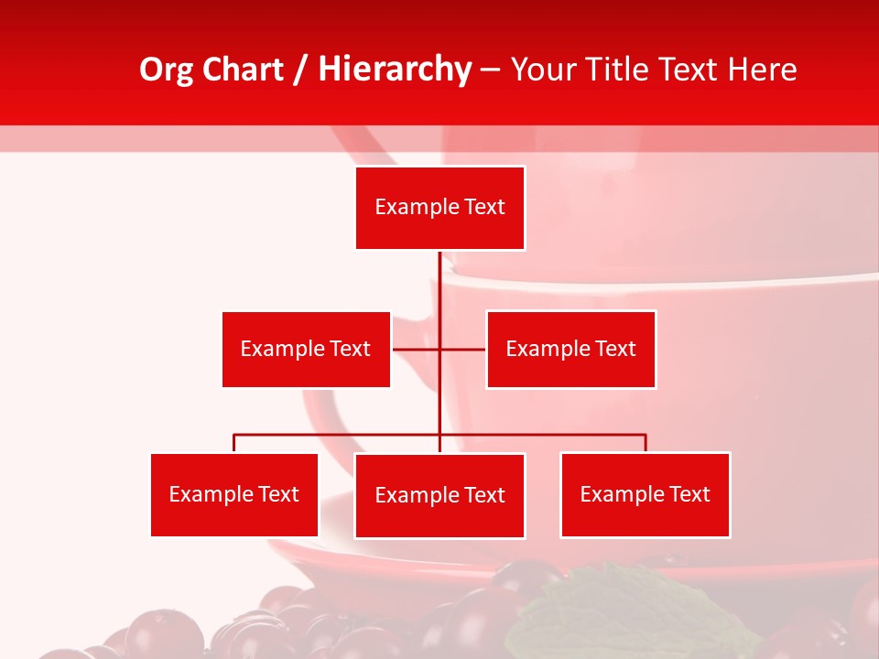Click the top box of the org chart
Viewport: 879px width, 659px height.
coord(439,208)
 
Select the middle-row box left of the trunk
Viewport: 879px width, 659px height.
coord(306,349)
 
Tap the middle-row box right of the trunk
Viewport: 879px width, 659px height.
coord(570,349)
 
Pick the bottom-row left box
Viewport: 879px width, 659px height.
coord(234,494)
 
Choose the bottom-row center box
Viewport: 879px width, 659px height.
coord(439,495)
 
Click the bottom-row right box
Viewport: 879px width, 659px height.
coord(645,494)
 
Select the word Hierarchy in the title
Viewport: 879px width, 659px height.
coord(394,70)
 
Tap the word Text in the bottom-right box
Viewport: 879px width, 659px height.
coord(689,494)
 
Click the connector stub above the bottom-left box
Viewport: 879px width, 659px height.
coord(234,443)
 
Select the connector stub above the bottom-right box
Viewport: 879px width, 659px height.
coord(646,443)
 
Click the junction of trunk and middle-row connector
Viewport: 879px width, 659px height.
coord(440,349)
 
